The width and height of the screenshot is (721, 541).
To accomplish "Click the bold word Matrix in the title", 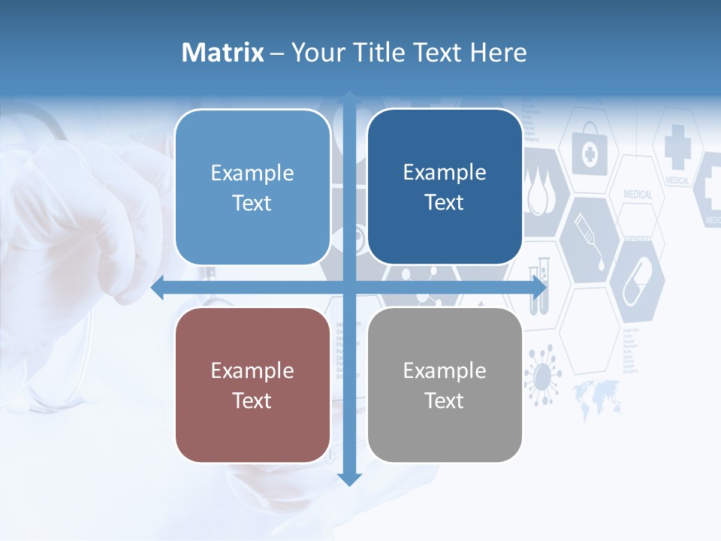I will pos(222,53).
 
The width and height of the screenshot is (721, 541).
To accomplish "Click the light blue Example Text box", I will pos(252,187).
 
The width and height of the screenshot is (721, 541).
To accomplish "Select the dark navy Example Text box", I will pos(445,187).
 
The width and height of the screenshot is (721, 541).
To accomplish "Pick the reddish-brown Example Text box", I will pos(252,385).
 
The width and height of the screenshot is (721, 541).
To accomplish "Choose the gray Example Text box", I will pos(445,385).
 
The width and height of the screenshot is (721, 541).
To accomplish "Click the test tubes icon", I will pos(539,284).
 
